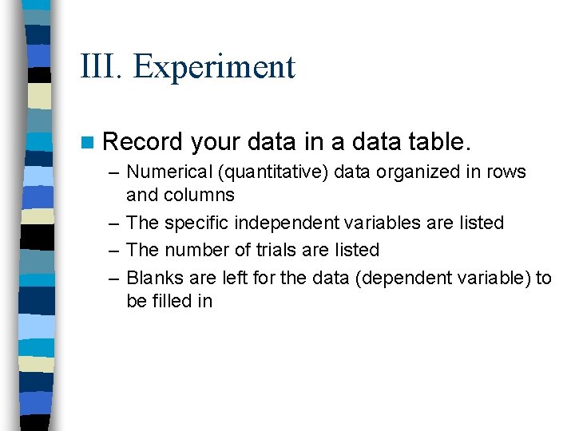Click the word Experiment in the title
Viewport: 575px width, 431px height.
coord(214,67)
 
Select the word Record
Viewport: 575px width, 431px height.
coord(143,142)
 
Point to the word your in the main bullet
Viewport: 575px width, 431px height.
coord(216,142)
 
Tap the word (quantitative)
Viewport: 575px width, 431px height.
coord(268,172)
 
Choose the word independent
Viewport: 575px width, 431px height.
coord(287,223)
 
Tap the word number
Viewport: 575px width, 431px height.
coord(190,250)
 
